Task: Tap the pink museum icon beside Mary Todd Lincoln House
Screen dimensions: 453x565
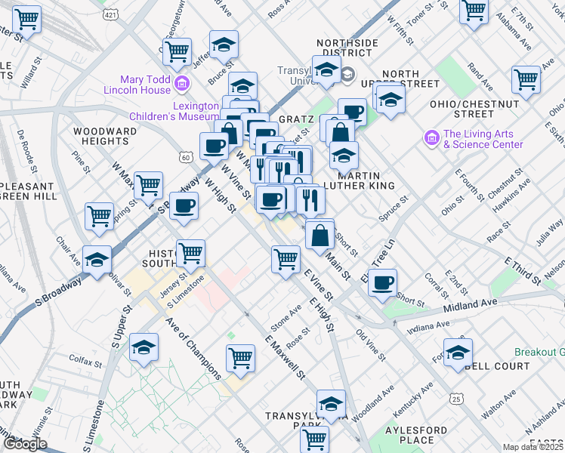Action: [181, 82]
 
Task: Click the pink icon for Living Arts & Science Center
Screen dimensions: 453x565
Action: [432, 138]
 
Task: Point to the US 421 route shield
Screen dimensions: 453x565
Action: [111, 14]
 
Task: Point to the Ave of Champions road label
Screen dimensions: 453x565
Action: [193, 351]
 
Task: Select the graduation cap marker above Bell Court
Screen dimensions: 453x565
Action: [458, 353]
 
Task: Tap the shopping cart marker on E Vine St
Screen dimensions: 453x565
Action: [286, 259]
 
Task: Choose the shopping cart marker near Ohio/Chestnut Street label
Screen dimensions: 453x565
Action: [526, 79]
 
